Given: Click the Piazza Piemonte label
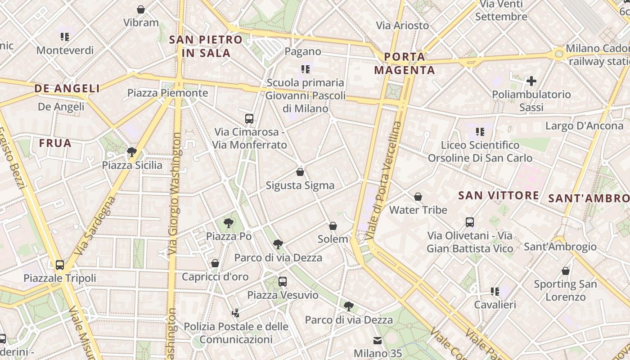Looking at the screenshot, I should click(167, 93).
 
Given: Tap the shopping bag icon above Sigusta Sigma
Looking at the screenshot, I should click(300, 172).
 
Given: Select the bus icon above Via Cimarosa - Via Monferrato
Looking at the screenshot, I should click(249, 119).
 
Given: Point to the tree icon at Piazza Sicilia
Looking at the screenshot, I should click(132, 152).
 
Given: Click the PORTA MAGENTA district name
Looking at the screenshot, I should click(405, 63).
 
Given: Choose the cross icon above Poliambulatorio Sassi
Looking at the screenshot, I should click(531, 81).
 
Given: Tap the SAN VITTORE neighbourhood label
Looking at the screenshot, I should click(498, 195).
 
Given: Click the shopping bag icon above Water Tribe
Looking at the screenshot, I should click(418, 197).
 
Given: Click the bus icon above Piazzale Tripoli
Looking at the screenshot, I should click(60, 265).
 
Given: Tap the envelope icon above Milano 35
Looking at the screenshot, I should click(377, 341).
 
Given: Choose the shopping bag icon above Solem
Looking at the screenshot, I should click(333, 225).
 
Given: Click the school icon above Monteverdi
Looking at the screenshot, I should click(65, 37).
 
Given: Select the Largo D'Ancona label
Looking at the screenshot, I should click(584, 126).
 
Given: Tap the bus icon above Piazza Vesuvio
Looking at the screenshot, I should click(283, 282).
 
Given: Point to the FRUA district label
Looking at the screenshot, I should click(55, 143).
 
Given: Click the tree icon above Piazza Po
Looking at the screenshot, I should click(229, 223).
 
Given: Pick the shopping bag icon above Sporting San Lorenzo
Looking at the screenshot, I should click(566, 271).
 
